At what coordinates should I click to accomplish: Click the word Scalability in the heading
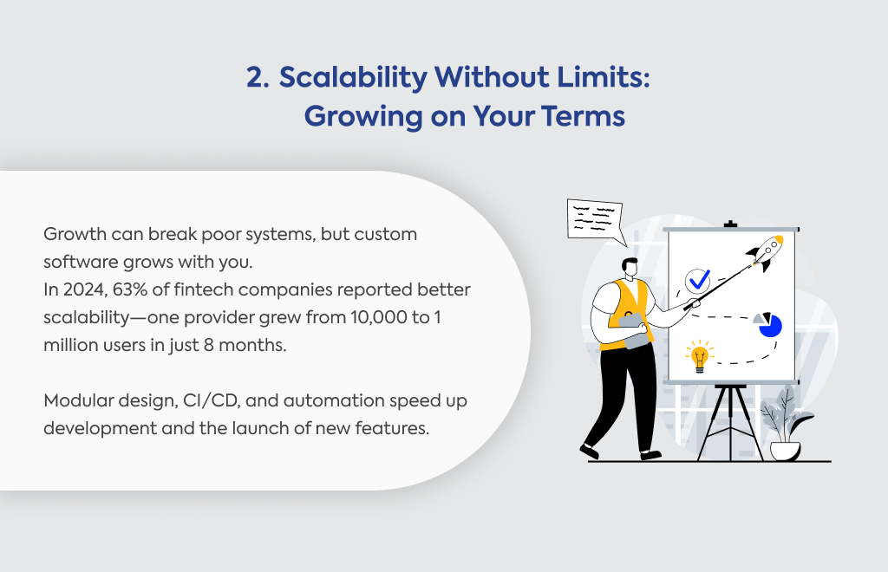(354, 78)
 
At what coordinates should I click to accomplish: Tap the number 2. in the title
(258, 77)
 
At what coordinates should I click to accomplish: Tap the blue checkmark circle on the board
(698, 281)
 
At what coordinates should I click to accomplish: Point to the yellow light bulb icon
(700, 356)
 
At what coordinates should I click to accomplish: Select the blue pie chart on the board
(768, 325)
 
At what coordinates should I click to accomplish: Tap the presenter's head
(630, 268)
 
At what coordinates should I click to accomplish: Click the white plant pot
(785, 451)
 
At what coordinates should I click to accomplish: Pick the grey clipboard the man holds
(633, 330)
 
